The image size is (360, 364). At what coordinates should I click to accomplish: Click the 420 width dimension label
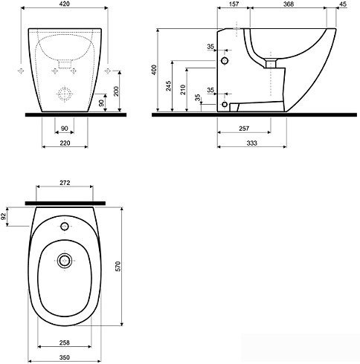pyautogui.click(x=65, y=4)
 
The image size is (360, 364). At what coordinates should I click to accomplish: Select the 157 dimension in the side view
pyautogui.click(x=234, y=4)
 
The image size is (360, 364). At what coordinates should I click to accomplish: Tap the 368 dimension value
pyautogui.click(x=289, y=4)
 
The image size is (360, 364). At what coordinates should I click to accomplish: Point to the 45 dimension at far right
pyautogui.click(x=343, y=4)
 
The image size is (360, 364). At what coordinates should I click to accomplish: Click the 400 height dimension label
pyautogui.click(x=154, y=70)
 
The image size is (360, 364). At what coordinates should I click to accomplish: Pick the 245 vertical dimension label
pyautogui.click(x=169, y=86)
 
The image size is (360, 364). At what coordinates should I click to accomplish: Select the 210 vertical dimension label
pyautogui.click(x=183, y=90)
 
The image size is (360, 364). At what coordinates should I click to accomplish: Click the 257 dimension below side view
pyautogui.click(x=244, y=129)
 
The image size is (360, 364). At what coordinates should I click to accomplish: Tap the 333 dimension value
pyautogui.click(x=251, y=143)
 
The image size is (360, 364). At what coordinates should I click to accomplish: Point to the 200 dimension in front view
pyautogui.click(x=116, y=91)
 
